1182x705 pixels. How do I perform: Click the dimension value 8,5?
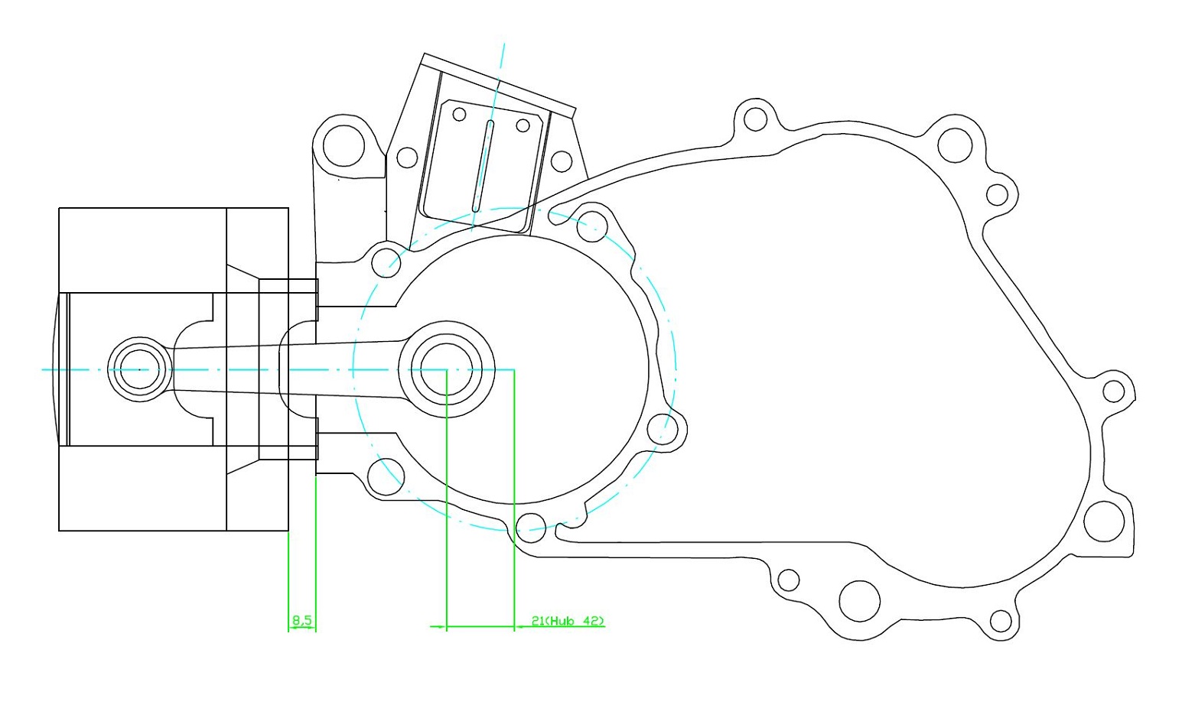[301, 620]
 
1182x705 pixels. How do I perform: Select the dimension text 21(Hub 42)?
[568, 621]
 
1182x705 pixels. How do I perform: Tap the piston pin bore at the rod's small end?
[139, 369]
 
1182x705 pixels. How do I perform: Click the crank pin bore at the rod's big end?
[446, 369]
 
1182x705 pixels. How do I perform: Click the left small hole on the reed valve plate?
[459, 115]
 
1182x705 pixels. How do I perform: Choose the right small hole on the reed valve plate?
[523, 125]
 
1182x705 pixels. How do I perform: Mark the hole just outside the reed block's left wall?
[407, 158]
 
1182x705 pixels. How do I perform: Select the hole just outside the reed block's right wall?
[562, 161]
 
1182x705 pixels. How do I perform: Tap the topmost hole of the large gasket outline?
[755, 120]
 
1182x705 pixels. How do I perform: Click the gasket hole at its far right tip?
[1114, 391]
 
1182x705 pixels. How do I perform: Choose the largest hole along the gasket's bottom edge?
[859, 599]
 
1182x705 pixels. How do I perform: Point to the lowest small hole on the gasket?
[1001, 620]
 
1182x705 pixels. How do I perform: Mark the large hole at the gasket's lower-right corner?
[1104, 521]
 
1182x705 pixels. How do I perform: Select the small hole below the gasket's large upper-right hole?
[997, 195]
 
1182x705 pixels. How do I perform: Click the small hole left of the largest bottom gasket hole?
[788, 580]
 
